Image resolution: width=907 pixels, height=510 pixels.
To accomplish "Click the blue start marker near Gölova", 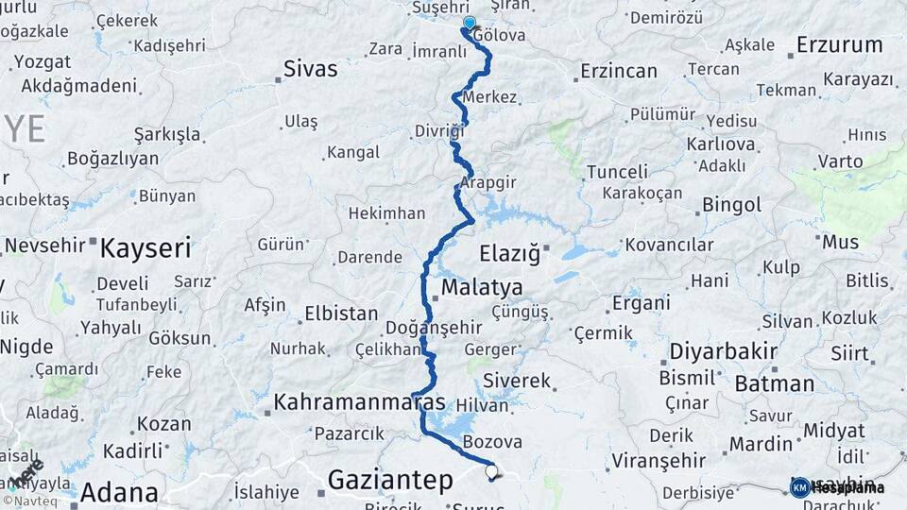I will [469, 23].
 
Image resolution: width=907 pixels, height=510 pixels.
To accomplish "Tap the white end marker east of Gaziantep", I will [490, 470].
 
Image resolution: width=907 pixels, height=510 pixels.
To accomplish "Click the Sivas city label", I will [312, 68].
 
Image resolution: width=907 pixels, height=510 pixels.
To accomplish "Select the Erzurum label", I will [839, 44].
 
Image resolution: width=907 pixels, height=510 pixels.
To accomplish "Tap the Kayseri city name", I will [145, 248].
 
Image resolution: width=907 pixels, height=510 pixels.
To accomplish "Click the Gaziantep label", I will [390, 480].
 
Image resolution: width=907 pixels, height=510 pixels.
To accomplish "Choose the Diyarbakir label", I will [723, 351].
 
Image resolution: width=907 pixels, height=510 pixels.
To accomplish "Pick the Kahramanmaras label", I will [359, 402].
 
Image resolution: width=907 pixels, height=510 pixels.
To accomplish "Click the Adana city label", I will [118, 491].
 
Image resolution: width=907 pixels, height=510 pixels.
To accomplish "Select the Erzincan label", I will [618, 71].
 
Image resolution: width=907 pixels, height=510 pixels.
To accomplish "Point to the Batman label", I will [774, 383].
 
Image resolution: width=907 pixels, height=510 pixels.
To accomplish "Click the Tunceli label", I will [617, 172].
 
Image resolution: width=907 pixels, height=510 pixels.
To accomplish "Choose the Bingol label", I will [731, 205].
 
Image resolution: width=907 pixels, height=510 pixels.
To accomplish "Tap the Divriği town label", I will [439, 131].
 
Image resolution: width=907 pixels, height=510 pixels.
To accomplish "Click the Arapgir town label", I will [490, 180].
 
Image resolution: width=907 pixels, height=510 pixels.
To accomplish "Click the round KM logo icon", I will [799, 487].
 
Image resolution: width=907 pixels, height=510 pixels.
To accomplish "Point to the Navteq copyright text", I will [27, 501].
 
